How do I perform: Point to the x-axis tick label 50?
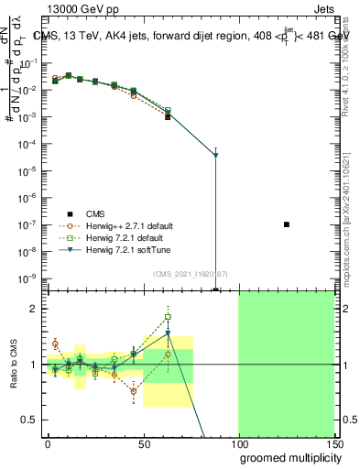(144, 442)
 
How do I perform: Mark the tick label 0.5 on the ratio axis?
(29, 420)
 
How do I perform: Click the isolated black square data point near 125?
(287, 224)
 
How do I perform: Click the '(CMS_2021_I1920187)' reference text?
(191, 274)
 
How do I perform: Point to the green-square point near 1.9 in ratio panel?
(168, 317)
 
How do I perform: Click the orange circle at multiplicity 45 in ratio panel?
(134, 391)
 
